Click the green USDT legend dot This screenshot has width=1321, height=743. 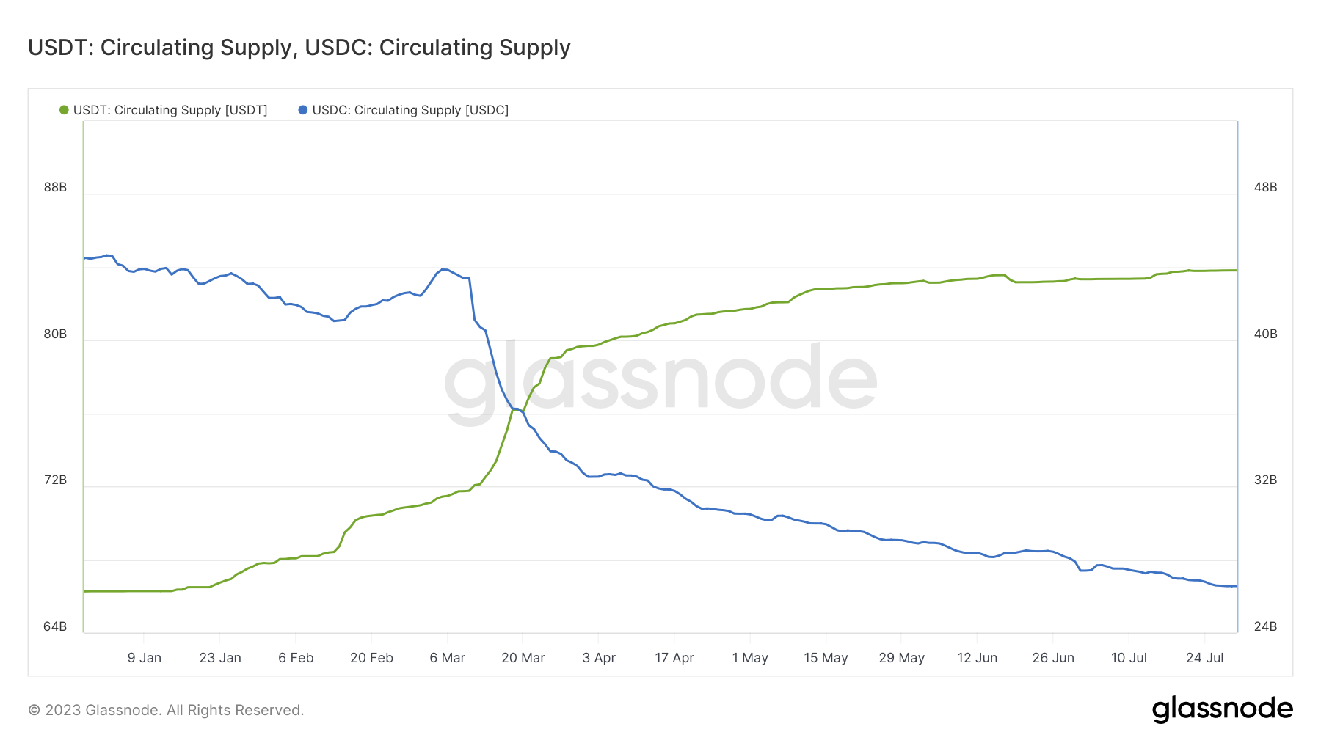(64, 110)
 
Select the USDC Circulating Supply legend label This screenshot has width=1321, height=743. (410, 110)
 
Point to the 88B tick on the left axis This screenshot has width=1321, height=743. (55, 187)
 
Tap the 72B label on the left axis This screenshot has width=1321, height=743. (55, 480)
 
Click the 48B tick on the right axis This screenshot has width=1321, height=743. (1265, 187)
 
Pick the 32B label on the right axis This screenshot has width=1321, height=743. (1265, 480)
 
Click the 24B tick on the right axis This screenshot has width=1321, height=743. (1265, 626)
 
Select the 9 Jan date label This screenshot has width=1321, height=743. (144, 658)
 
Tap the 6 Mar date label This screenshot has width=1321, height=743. (447, 658)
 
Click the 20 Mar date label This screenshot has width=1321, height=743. (523, 658)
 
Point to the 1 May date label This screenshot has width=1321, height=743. (750, 658)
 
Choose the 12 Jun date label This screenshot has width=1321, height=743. (977, 658)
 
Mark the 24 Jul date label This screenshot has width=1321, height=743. (1204, 658)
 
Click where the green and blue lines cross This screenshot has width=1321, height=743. (517, 409)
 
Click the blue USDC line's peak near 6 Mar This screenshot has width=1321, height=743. (444, 269)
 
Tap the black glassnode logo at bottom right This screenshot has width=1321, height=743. (1222, 709)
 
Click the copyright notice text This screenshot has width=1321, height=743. (166, 710)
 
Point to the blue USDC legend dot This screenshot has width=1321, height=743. (302, 110)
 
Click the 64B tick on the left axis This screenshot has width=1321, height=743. (55, 626)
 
